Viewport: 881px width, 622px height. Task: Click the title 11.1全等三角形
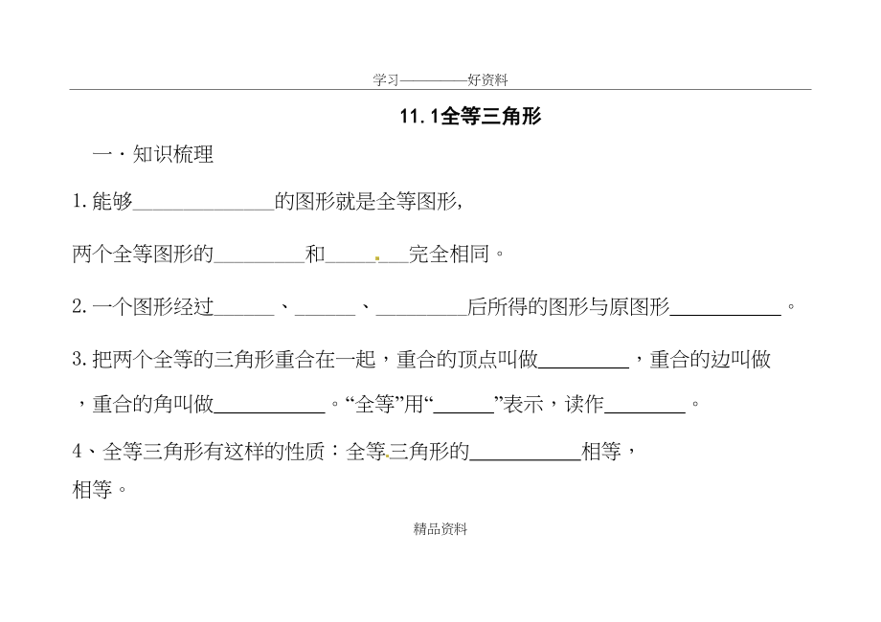pyautogui.click(x=470, y=117)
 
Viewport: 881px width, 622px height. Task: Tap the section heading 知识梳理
pyautogui.click(x=172, y=155)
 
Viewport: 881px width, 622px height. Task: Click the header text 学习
pyautogui.click(x=385, y=81)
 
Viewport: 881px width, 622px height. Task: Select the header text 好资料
pyautogui.click(x=487, y=81)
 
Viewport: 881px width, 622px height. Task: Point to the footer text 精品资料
pyautogui.click(x=440, y=528)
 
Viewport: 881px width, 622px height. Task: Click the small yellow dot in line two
pyautogui.click(x=378, y=258)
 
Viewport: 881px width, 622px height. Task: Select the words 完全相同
pyautogui.click(x=449, y=255)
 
